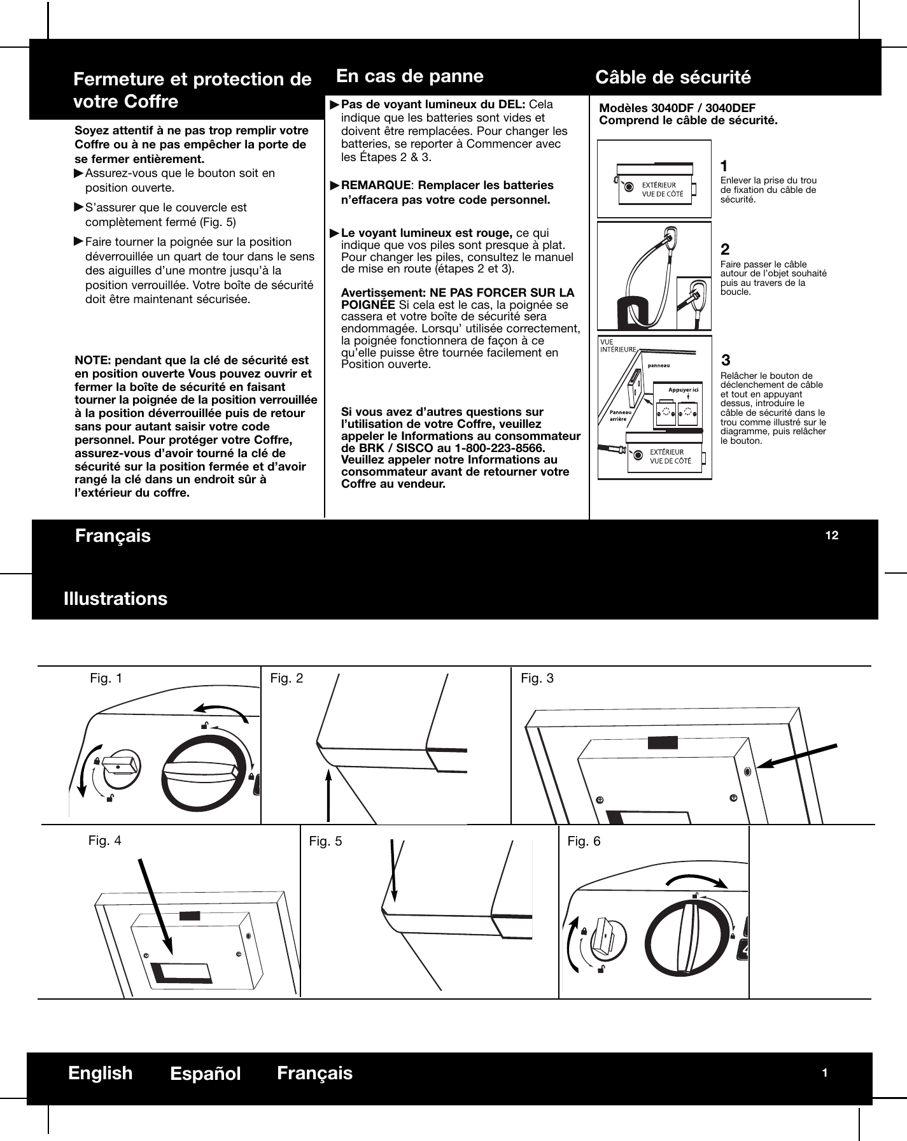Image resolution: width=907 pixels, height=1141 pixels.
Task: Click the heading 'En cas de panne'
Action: pyautogui.click(x=409, y=76)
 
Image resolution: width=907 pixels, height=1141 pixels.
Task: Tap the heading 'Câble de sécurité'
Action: pyautogui.click(x=673, y=78)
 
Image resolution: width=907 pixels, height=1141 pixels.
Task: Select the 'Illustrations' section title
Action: pyautogui.click(x=115, y=599)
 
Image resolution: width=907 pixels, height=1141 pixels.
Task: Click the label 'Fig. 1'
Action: pyautogui.click(x=106, y=679)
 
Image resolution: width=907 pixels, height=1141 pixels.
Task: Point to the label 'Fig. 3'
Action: pyautogui.click(x=537, y=679)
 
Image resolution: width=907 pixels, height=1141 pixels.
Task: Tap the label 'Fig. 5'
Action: pyautogui.click(x=325, y=842)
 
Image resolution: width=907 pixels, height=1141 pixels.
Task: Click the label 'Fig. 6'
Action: pyautogui.click(x=584, y=842)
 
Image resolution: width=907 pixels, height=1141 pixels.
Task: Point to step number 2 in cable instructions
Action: pyautogui.click(x=725, y=249)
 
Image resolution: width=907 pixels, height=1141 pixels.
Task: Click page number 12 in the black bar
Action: pyautogui.click(x=831, y=535)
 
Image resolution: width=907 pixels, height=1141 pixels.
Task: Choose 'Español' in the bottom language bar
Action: pyautogui.click(x=205, y=1074)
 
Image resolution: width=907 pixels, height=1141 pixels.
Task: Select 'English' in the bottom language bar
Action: pyautogui.click(x=101, y=1073)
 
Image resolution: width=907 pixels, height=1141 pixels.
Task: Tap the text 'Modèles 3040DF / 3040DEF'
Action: pyautogui.click(x=677, y=108)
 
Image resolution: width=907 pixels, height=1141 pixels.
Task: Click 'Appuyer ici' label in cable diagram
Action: pyautogui.click(x=683, y=389)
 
